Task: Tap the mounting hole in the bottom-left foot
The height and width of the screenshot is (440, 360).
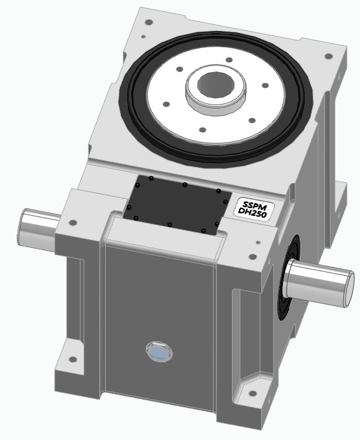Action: (x=71, y=359)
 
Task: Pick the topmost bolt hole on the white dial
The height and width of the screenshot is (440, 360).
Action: (x=229, y=60)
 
